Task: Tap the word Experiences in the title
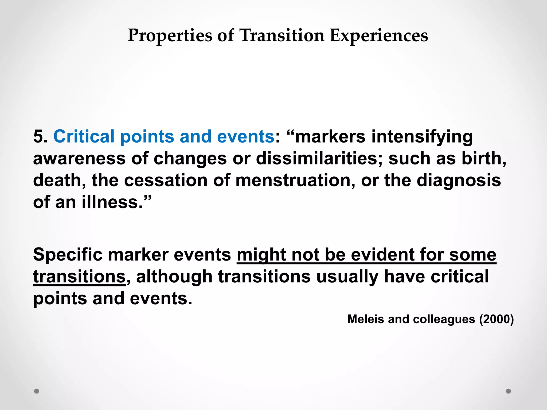pyautogui.click(x=379, y=36)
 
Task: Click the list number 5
pyautogui.click(x=40, y=136)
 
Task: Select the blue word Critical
pyautogui.click(x=84, y=136)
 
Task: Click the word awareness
pyautogui.click(x=79, y=158)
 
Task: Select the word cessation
pyautogui.click(x=166, y=180)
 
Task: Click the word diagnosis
pyautogui.click(x=459, y=180)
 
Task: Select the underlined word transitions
pyautogui.click(x=79, y=276)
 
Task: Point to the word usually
pyautogui.click(x=347, y=276)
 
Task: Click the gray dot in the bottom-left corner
pyautogui.click(x=37, y=391)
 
